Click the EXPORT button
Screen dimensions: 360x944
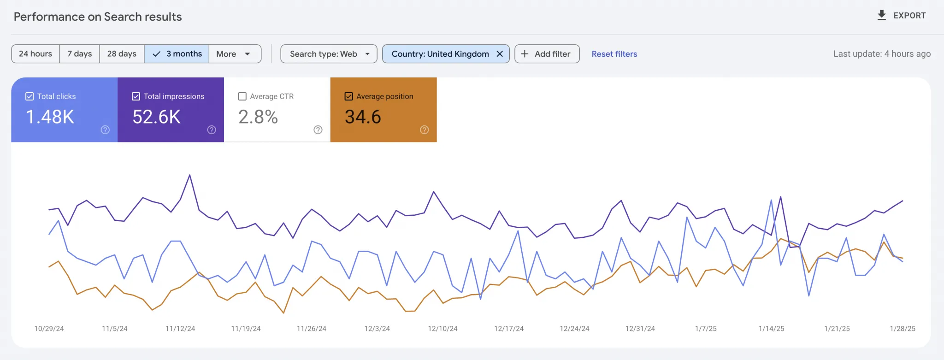pyautogui.click(x=901, y=16)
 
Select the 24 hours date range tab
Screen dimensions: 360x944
pyautogui.click(x=35, y=54)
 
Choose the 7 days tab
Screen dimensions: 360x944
pyautogui.click(x=79, y=54)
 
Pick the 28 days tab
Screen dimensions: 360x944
pyautogui.click(x=122, y=54)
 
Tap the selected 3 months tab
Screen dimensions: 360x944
pyautogui.click(x=177, y=54)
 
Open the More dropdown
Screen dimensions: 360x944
pyautogui.click(x=234, y=54)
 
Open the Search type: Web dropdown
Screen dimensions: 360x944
pyautogui.click(x=329, y=54)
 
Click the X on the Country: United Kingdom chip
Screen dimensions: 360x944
pyautogui.click(x=500, y=54)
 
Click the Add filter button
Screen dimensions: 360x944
pyautogui.click(x=547, y=54)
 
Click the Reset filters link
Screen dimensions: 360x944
pyautogui.click(x=614, y=54)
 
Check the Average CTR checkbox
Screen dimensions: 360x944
pyautogui.click(x=242, y=96)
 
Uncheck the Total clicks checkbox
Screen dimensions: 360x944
pyautogui.click(x=29, y=96)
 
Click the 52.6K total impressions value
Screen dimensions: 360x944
pyautogui.click(x=156, y=117)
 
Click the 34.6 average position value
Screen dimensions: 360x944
pyautogui.click(x=363, y=117)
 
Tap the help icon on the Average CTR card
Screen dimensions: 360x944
pyautogui.click(x=318, y=130)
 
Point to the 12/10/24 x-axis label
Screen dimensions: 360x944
pyautogui.click(x=442, y=329)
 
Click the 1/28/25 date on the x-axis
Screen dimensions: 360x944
pyautogui.click(x=902, y=329)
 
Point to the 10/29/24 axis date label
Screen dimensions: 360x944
pyautogui.click(x=49, y=329)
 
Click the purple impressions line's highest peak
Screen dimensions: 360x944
pyautogui.click(x=189, y=175)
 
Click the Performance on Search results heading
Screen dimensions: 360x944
pyautogui.click(x=98, y=17)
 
